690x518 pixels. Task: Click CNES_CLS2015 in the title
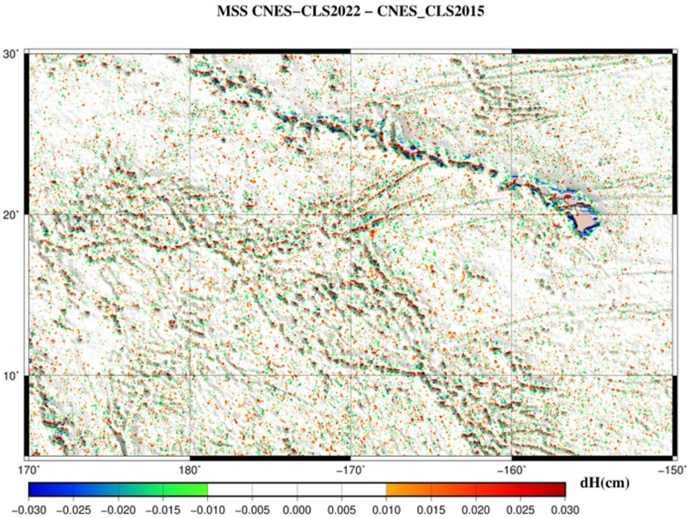(x=426, y=12)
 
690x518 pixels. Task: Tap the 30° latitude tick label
(x=11, y=54)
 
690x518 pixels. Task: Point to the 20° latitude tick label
(x=11, y=215)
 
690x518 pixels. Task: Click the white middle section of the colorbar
(x=297, y=493)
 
